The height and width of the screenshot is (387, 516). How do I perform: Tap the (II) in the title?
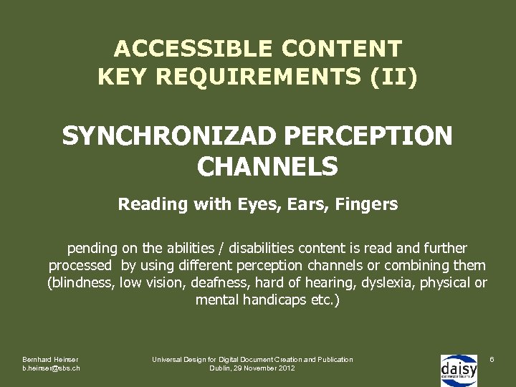point(393,77)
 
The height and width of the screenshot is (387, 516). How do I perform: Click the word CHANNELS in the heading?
point(267,166)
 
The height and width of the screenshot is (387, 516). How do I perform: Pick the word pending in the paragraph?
point(92,249)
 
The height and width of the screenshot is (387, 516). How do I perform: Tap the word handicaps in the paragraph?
point(272,300)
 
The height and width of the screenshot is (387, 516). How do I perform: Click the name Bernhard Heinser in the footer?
point(50,359)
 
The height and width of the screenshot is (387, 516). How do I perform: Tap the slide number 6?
point(492,358)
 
